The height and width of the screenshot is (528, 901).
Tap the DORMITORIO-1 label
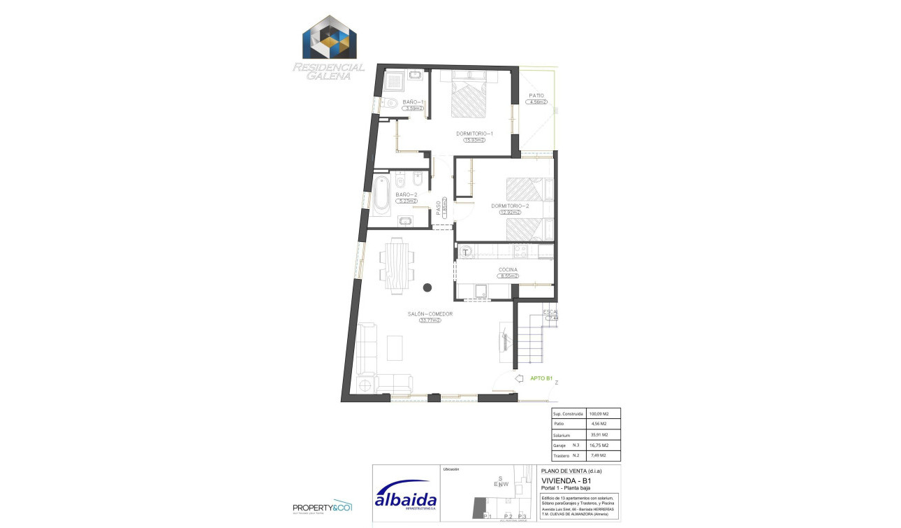tap(475, 133)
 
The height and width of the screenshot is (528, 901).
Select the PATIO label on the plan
tap(536, 95)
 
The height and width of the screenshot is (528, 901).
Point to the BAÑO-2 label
tap(406, 194)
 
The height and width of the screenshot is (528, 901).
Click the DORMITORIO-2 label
tap(510, 206)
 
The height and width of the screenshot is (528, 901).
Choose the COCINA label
tap(508, 269)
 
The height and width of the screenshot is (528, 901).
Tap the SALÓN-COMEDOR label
tap(431, 314)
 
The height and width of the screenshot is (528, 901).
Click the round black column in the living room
tap(427, 287)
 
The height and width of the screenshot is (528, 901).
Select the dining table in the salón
tap(397, 264)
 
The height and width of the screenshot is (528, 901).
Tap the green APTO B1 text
tap(541, 379)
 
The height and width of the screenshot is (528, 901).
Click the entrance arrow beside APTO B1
tap(518, 379)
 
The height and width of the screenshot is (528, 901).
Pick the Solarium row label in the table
tap(562, 434)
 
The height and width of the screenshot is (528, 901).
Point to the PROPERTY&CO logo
tap(322, 506)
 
